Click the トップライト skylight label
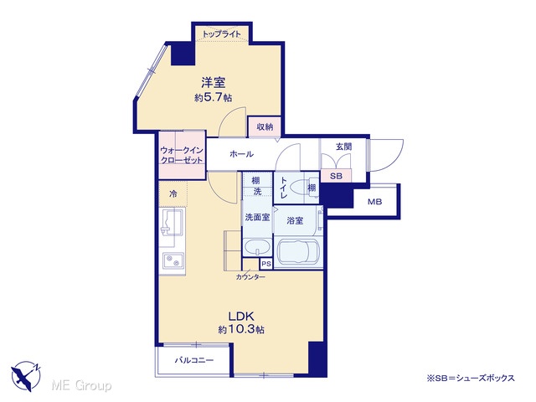pos(221,34)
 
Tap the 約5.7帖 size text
pos(214,98)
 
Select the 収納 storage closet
pos(265,126)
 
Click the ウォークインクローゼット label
pos(182,155)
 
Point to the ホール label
pos(242,154)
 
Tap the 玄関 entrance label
pos(343,147)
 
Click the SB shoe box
pos(336,176)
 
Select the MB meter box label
pos(374,202)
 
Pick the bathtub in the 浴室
pos(298,252)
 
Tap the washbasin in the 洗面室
pos(257,248)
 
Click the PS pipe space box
pos(266,264)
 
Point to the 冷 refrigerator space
pos(173,194)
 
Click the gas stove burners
pos(173,261)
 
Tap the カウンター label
pos(250,277)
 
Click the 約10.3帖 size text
pos(241,329)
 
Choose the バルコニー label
pos(194,360)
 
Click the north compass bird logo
pos(26,376)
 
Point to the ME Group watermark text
pos(81,385)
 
